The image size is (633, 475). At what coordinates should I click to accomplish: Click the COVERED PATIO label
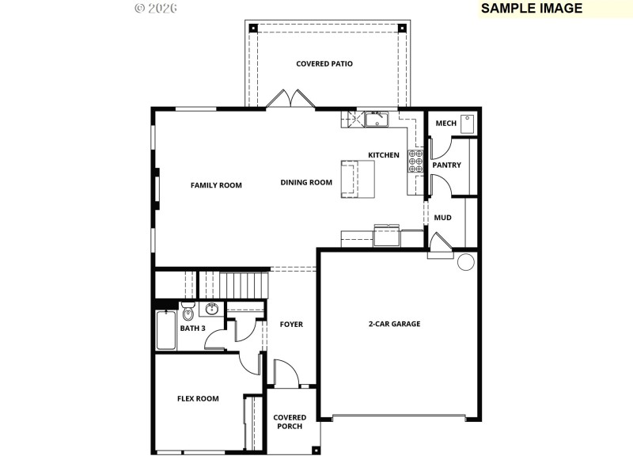(x=324, y=63)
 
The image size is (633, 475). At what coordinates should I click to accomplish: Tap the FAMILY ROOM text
(x=216, y=185)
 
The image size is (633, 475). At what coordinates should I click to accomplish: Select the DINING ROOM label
(x=306, y=182)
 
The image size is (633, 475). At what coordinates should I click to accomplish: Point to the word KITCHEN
(x=384, y=155)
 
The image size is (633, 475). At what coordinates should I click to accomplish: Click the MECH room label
(x=445, y=123)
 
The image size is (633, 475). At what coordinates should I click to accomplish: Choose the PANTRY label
(x=446, y=165)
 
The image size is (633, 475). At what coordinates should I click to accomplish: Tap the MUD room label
(x=442, y=217)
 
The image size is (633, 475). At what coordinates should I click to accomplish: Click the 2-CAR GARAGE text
(x=394, y=324)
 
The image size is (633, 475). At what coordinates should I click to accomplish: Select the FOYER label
(x=291, y=325)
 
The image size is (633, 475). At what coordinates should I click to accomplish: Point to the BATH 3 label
(x=192, y=328)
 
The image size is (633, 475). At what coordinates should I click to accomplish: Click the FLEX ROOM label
(x=198, y=399)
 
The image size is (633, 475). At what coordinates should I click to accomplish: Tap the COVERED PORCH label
(x=289, y=422)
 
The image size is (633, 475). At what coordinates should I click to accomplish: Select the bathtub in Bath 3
(x=166, y=331)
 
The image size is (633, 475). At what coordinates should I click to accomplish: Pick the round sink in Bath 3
(x=211, y=309)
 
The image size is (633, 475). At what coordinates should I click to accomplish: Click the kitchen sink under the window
(x=376, y=120)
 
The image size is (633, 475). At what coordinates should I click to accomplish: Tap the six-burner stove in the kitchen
(x=415, y=161)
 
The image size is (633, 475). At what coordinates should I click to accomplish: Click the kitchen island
(x=358, y=179)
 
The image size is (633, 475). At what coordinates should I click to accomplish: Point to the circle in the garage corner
(x=465, y=262)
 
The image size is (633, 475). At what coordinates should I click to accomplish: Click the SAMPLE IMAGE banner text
(x=532, y=9)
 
